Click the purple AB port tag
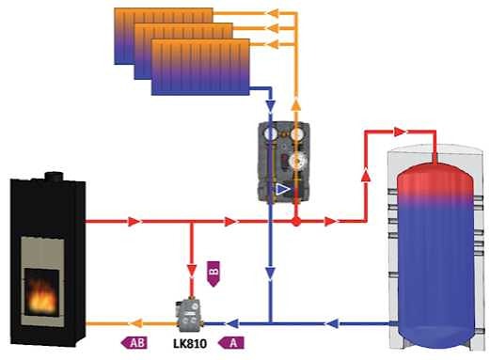tap(136, 343)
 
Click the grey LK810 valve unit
tap(186, 315)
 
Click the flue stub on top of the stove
tap(54, 175)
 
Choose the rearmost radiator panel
tap(164, 33)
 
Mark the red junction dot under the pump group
tap(295, 222)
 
